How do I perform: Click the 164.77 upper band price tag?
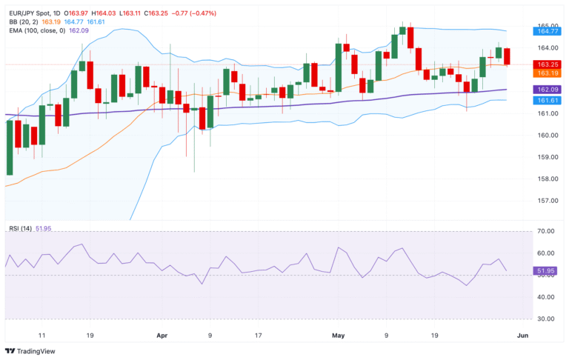547,31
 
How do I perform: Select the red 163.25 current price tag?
547,64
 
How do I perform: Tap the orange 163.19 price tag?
547,73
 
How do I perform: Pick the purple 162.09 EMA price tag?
547,89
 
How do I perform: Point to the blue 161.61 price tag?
547,99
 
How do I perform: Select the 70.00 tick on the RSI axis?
547,232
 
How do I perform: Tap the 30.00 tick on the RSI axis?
547,319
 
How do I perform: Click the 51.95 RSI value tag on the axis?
547,272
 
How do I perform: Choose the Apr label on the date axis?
162,335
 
